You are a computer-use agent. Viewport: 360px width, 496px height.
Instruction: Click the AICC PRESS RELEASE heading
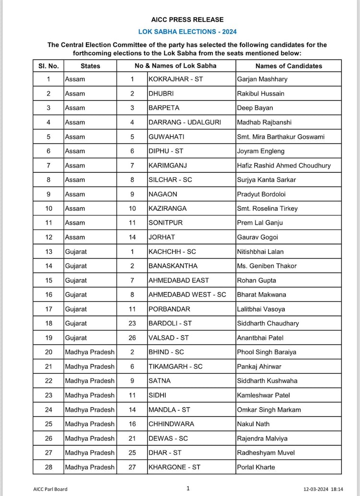pyautogui.click(x=187, y=20)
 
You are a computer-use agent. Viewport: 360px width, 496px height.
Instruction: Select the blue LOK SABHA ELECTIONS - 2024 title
pyautogui.click(x=187, y=32)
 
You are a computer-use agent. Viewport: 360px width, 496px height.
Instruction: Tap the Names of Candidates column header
pyautogui.click(x=288, y=66)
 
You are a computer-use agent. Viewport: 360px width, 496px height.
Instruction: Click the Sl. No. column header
pyautogui.click(x=48, y=66)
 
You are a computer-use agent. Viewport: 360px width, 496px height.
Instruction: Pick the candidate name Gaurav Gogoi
pyautogui.click(x=257, y=237)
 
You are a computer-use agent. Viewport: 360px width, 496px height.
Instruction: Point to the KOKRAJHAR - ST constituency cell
pyautogui.click(x=176, y=79)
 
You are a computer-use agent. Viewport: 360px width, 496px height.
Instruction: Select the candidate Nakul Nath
pyautogui.click(x=253, y=424)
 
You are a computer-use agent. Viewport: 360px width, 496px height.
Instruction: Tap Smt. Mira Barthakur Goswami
pyautogui.click(x=280, y=137)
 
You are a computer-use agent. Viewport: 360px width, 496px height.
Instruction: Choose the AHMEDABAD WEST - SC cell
pyautogui.click(x=187, y=295)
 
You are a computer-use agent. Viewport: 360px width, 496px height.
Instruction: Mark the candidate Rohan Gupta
pyautogui.click(x=256, y=280)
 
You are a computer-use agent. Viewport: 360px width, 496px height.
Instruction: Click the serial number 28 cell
pyautogui.click(x=48, y=467)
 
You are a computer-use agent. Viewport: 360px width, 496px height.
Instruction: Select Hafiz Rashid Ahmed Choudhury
pyautogui.click(x=284, y=165)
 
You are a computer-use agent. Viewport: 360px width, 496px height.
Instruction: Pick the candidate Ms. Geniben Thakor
pyautogui.click(x=266, y=266)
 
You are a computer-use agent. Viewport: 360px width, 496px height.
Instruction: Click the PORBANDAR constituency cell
pyautogui.click(x=169, y=309)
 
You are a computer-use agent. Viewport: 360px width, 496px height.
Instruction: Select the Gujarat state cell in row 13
pyautogui.click(x=76, y=251)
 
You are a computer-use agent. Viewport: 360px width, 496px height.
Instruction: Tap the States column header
pyautogui.click(x=90, y=66)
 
